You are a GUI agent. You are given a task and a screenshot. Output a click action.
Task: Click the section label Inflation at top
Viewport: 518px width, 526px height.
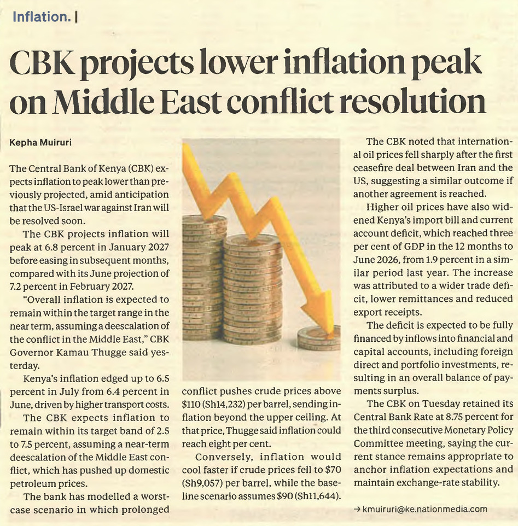(41, 17)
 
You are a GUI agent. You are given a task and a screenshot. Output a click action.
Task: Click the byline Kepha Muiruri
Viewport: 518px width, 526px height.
(40, 143)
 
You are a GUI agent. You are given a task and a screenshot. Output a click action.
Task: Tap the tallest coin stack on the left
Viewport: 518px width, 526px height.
(204, 277)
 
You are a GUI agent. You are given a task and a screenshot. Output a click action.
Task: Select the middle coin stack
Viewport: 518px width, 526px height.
(253, 289)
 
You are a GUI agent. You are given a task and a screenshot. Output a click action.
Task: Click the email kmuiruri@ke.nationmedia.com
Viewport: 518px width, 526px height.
(424, 509)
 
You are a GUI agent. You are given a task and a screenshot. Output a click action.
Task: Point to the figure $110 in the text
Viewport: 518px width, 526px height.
(191, 404)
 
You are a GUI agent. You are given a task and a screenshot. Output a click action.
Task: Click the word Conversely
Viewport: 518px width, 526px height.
(223, 457)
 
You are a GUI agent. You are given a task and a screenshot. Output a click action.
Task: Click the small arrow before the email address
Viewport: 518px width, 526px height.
(357, 509)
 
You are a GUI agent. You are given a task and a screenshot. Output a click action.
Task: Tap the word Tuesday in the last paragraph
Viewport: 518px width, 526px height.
(438, 404)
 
